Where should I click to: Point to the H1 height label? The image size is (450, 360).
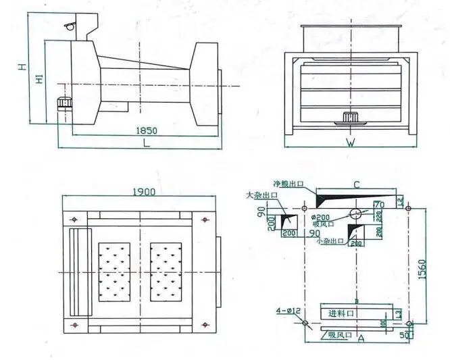[39, 80]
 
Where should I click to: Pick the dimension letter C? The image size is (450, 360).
[356, 184]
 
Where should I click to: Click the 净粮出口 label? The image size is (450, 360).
[286, 184]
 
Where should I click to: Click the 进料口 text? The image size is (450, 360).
[341, 313]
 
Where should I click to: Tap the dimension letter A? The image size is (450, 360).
[361, 339]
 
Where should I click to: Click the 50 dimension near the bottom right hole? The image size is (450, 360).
[407, 335]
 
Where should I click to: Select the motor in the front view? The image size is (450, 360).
[350, 117]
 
